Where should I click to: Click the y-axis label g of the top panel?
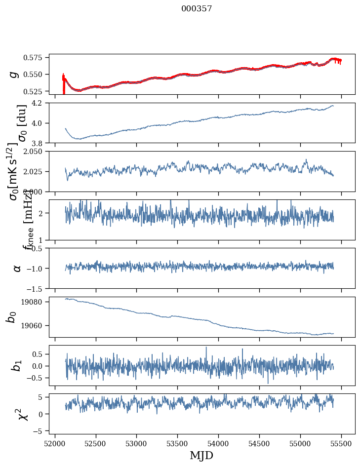[x=14, y=74]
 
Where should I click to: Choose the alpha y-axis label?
[x=17, y=268]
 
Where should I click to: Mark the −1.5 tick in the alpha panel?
[x=37, y=288]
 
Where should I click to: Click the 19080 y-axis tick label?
[x=35, y=302]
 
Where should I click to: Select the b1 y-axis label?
[x=17, y=365]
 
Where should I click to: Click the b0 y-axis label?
[x=11, y=317]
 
